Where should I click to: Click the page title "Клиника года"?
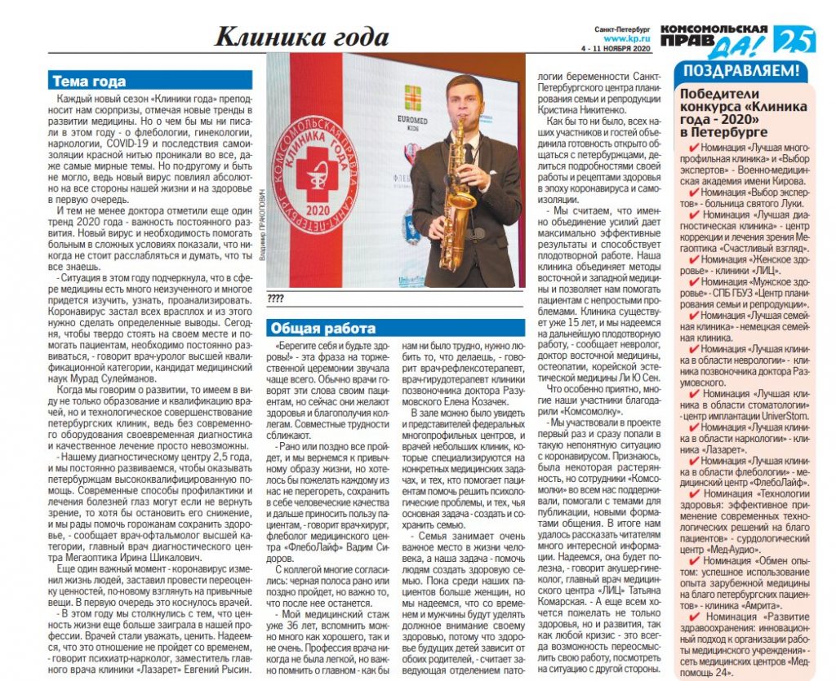302,37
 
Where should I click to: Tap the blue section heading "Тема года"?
89,82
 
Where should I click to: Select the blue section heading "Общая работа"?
323,329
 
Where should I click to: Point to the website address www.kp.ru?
626,38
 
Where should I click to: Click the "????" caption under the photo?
276,299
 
